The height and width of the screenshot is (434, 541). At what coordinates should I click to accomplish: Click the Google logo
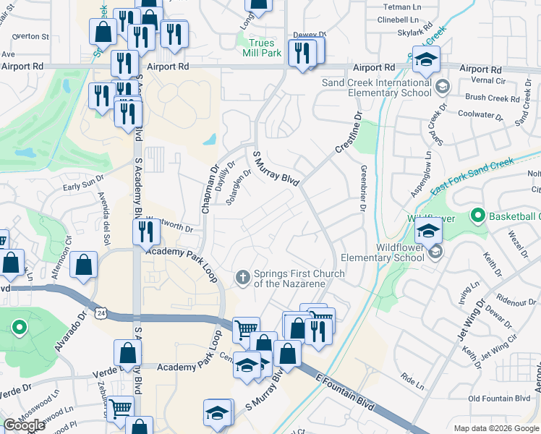pyautogui.click(x=24, y=425)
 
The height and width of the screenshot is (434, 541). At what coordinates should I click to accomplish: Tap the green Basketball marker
pyautogui.click(x=477, y=216)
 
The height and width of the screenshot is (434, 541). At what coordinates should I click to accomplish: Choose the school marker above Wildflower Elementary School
pyautogui.click(x=427, y=232)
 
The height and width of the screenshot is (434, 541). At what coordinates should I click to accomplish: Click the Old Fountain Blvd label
pyautogui.click(x=499, y=399)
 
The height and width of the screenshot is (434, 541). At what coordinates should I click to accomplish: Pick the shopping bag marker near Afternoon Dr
pyautogui.click(x=84, y=265)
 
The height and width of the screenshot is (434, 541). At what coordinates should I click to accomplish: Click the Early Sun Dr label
pyautogui.click(x=78, y=186)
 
